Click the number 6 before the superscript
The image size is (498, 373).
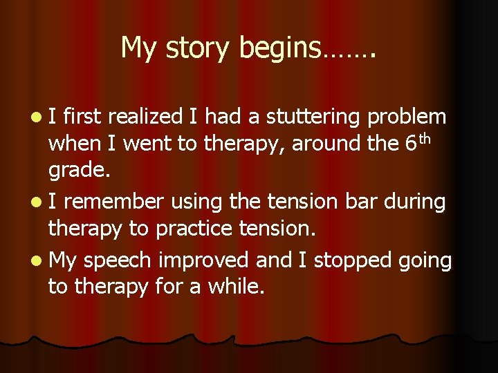(413, 143)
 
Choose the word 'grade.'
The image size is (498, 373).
(78, 170)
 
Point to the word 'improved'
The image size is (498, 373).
(203, 260)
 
